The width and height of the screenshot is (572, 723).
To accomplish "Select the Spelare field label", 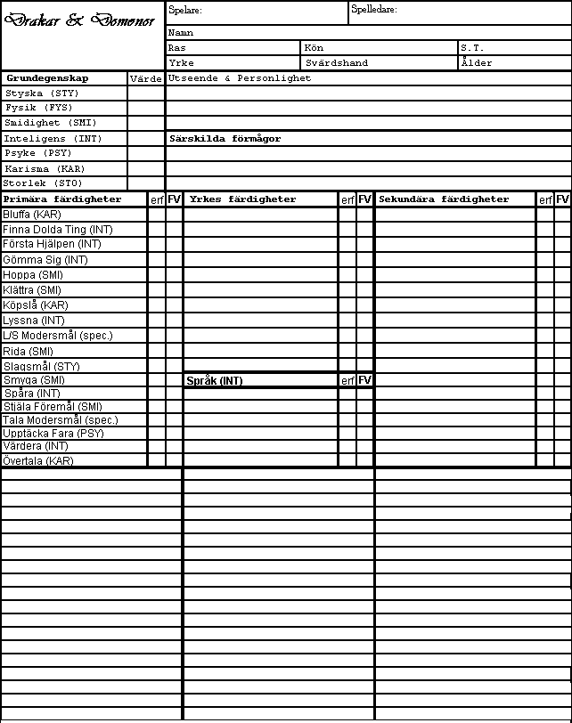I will [185, 11].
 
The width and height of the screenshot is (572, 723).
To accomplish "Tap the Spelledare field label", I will [374, 10].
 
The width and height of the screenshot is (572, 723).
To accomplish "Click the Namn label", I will [181, 33].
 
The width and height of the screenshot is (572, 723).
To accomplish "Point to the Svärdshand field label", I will [337, 63].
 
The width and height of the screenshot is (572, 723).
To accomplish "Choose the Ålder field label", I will [476, 63].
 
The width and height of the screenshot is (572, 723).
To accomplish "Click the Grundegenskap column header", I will [47, 78].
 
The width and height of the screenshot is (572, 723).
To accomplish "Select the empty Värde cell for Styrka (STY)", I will [146, 93].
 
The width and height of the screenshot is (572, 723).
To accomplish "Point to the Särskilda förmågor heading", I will [225, 139].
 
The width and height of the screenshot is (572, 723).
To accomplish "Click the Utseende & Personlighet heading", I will [240, 78].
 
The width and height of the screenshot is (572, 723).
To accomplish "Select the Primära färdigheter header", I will [62, 199].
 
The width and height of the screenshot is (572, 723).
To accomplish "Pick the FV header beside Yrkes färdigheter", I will [364, 199].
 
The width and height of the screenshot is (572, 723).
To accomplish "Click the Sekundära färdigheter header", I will [444, 199].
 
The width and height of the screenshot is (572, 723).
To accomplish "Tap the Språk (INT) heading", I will [214, 381].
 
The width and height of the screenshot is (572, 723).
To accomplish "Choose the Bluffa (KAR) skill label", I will [32, 215].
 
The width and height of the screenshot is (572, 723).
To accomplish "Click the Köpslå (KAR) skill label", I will [36, 305].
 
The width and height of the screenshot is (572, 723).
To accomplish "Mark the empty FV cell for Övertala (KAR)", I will [174, 460].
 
